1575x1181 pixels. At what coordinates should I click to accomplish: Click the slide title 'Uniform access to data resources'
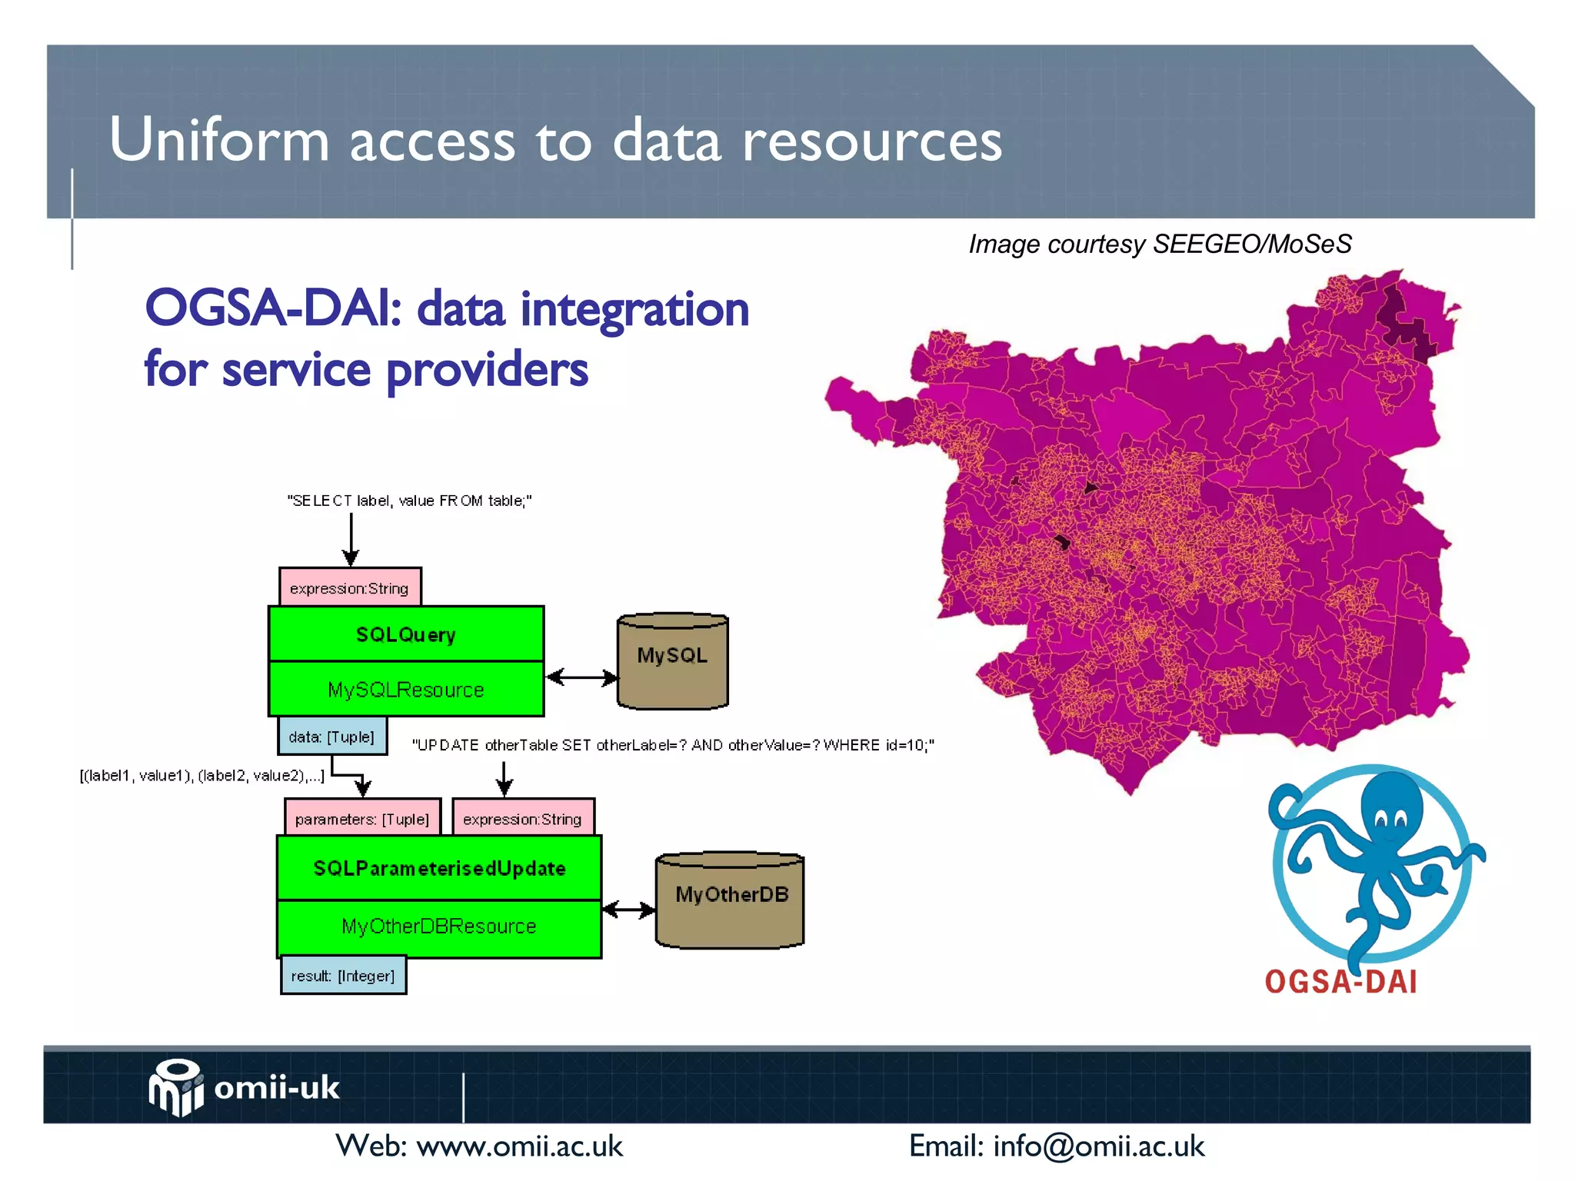click(555, 140)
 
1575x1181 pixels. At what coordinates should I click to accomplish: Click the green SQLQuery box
click(406, 634)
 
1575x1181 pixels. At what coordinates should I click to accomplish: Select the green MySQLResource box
click(406, 690)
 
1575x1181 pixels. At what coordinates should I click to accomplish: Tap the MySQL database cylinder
click(673, 661)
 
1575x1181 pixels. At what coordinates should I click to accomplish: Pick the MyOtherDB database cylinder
click(730, 900)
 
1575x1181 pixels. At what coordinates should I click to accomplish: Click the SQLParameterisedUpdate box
click(439, 868)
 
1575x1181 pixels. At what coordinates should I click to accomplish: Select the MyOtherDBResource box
click(439, 927)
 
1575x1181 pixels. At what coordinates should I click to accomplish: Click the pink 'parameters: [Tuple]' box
click(362, 818)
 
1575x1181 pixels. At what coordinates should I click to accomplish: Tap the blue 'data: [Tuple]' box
click(331, 737)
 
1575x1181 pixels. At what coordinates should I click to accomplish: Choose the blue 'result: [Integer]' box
click(343, 976)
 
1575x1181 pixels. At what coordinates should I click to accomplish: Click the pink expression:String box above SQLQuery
click(350, 588)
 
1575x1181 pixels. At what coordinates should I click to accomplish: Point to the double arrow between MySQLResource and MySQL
click(581, 677)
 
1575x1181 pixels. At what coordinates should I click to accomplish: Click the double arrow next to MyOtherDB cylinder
click(628, 910)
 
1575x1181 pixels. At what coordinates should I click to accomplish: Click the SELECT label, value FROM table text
click(409, 501)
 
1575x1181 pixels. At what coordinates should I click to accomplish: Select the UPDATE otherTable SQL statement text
click(673, 745)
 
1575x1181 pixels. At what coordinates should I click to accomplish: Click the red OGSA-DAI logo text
click(1340, 982)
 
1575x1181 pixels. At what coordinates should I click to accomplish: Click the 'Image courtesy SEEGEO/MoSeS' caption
click(1160, 244)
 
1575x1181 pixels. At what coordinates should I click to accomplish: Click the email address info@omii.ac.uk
click(1098, 1146)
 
